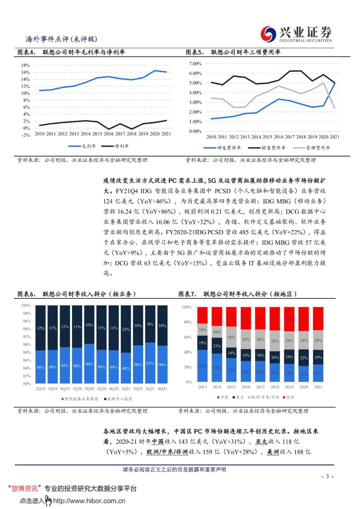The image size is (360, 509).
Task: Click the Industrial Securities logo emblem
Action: coord(268,34)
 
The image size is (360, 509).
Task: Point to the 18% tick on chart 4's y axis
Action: coord(25,65)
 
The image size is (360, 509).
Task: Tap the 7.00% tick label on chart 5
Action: coord(195,64)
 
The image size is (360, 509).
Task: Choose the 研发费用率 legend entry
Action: coord(222,148)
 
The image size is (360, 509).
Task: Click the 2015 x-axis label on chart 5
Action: coord(267,137)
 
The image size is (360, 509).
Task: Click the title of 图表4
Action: coord(71,52)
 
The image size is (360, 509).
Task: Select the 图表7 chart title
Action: coord(237,294)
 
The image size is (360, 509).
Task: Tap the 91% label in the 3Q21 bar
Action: coord(150,363)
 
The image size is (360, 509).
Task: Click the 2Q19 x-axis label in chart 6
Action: coord(40,389)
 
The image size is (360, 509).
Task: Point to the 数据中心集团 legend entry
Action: coord(118,399)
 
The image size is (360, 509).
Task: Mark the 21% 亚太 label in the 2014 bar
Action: coord(217,346)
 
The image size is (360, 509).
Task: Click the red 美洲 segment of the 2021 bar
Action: coord(318,318)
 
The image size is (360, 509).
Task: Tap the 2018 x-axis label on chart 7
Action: coord(275,387)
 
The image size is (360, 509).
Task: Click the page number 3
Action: coord(327,476)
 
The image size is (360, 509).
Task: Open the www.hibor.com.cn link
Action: coord(89,501)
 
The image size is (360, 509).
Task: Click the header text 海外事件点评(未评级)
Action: coord(61,39)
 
